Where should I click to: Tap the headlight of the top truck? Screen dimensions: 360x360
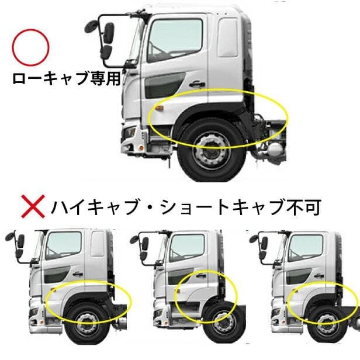coord(129,133)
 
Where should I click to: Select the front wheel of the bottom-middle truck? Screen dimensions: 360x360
coord(223,324)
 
